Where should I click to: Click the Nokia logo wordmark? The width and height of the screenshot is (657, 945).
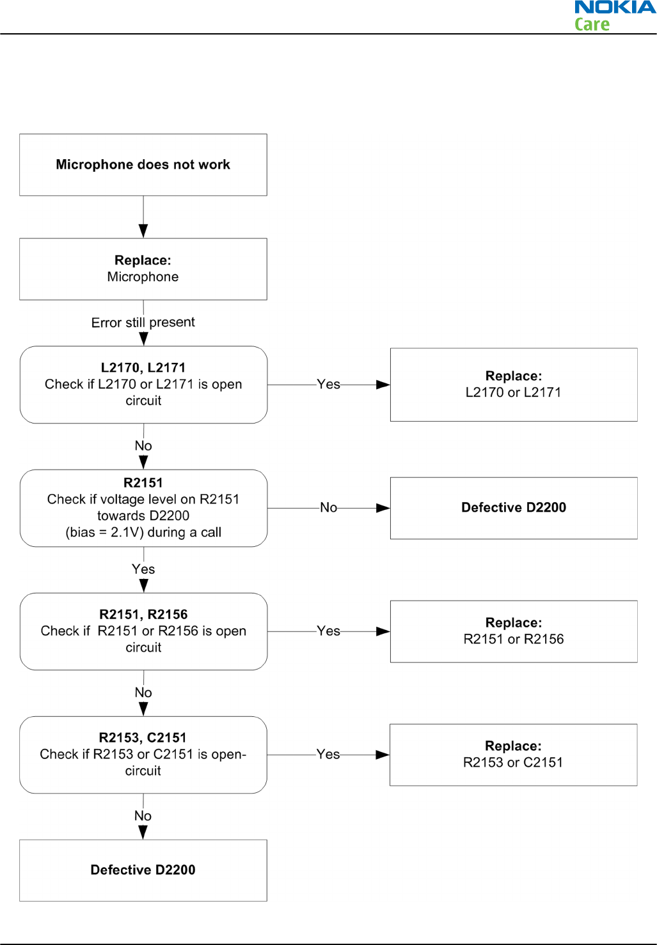click(x=615, y=7)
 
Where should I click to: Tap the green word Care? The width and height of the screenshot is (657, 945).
click(x=592, y=24)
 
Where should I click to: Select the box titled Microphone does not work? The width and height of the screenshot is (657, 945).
click(x=143, y=165)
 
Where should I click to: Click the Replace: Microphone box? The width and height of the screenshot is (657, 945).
click(x=143, y=269)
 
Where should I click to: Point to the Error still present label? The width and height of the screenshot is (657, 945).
click(x=143, y=322)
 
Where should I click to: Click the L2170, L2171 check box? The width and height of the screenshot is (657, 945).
click(x=144, y=385)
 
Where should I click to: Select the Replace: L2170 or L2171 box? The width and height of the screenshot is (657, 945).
click(x=514, y=385)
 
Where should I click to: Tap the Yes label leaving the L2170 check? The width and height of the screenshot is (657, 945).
click(x=328, y=385)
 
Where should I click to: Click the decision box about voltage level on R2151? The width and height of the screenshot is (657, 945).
click(x=144, y=509)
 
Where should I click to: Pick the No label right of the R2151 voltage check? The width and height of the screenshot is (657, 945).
click(x=328, y=507)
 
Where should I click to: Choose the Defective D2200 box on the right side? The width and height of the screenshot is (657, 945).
click(x=514, y=509)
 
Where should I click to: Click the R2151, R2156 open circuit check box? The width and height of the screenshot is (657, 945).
click(x=144, y=631)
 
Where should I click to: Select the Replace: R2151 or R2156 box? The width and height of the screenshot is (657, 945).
click(x=514, y=631)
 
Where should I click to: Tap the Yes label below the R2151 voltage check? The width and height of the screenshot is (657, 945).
click(x=143, y=569)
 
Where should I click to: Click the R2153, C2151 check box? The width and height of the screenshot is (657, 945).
click(x=143, y=755)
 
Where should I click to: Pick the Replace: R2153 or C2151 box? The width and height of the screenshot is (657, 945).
click(x=513, y=755)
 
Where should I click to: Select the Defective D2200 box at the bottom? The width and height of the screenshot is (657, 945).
click(x=143, y=870)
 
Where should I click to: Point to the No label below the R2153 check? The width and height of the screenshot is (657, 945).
click(x=143, y=816)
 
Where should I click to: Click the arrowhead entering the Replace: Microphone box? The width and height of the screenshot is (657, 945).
click(x=143, y=231)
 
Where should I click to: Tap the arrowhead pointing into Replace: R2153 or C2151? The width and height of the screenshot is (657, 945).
click(x=383, y=755)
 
